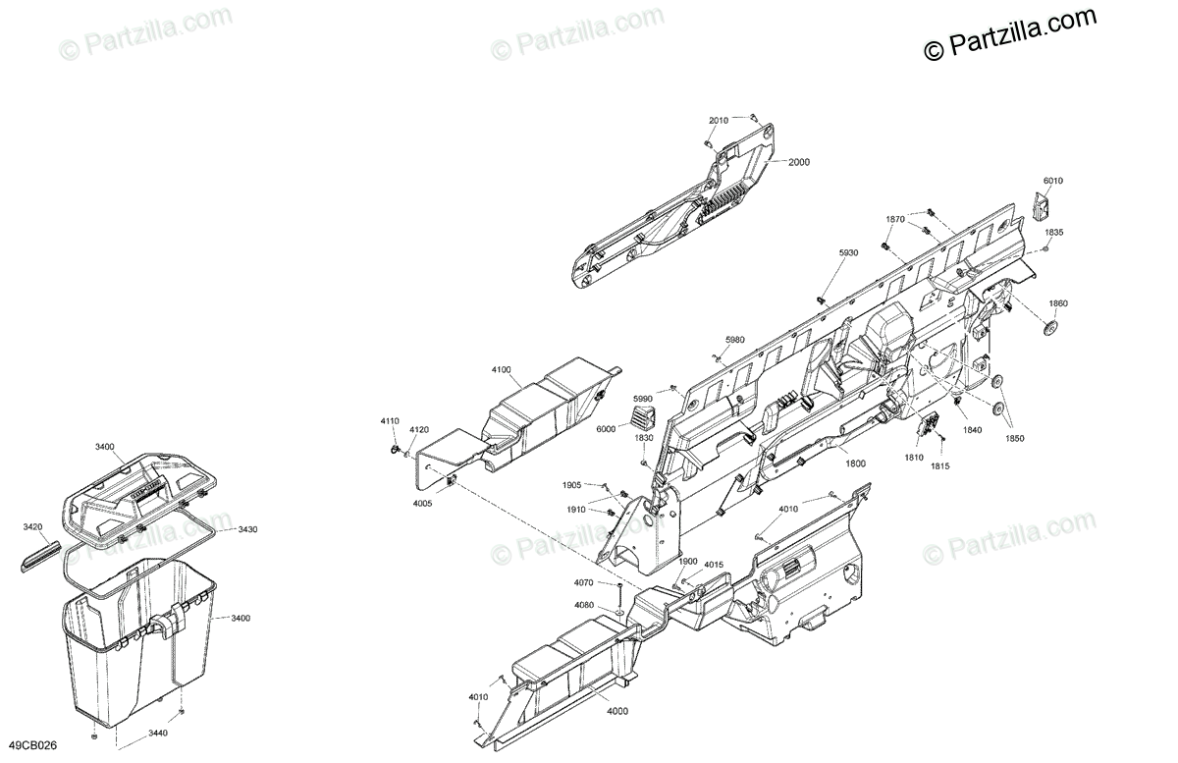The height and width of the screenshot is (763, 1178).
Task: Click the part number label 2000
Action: click(x=798, y=163)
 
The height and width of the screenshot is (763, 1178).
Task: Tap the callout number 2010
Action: click(x=719, y=120)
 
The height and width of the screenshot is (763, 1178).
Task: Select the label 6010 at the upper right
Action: click(x=1053, y=181)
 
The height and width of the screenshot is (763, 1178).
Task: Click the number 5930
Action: click(x=848, y=252)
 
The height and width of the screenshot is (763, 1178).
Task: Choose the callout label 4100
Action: click(x=502, y=370)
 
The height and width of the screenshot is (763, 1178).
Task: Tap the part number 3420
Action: click(x=33, y=527)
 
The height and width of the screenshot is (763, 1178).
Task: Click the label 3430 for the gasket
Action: click(x=247, y=529)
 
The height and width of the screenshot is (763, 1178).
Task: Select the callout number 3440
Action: click(x=157, y=734)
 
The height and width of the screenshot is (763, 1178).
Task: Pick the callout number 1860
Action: click(x=1058, y=303)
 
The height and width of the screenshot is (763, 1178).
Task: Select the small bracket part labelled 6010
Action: click(x=1044, y=206)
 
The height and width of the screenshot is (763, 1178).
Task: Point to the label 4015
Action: click(x=714, y=564)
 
